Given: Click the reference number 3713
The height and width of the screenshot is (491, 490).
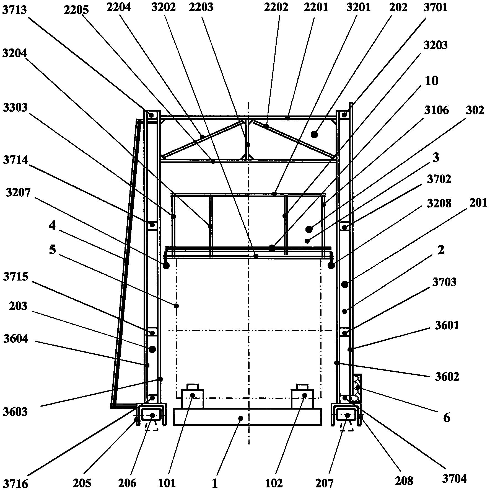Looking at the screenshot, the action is click(14, 10).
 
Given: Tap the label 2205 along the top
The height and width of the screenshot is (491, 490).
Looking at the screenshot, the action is click(76, 10).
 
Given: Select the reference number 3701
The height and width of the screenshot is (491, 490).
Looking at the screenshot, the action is click(435, 7).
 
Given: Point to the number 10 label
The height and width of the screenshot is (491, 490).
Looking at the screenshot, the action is click(431, 81).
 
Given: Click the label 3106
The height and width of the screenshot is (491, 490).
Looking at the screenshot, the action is click(436, 110).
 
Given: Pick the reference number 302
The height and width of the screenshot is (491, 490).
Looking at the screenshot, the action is click(475, 110).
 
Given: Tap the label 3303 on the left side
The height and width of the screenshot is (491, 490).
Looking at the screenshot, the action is click(15, 108).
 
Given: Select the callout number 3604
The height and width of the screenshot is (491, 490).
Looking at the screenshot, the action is click(15, 339).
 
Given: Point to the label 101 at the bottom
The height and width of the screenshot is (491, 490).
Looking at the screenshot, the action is click(167, 483).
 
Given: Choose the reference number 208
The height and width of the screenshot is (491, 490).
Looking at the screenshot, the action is click(404, 481).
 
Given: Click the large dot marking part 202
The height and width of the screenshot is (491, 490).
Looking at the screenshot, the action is click(314, 135).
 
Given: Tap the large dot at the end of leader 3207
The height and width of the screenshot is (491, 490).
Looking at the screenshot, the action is click(166, 266).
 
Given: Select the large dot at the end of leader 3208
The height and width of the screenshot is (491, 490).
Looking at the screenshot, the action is click(331, 266).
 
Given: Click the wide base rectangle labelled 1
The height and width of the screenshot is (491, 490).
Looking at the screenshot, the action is click(247, 417).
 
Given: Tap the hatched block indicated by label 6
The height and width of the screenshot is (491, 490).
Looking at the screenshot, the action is click(357, 388).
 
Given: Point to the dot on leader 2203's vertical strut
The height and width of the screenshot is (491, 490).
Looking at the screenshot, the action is click(248, 145).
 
